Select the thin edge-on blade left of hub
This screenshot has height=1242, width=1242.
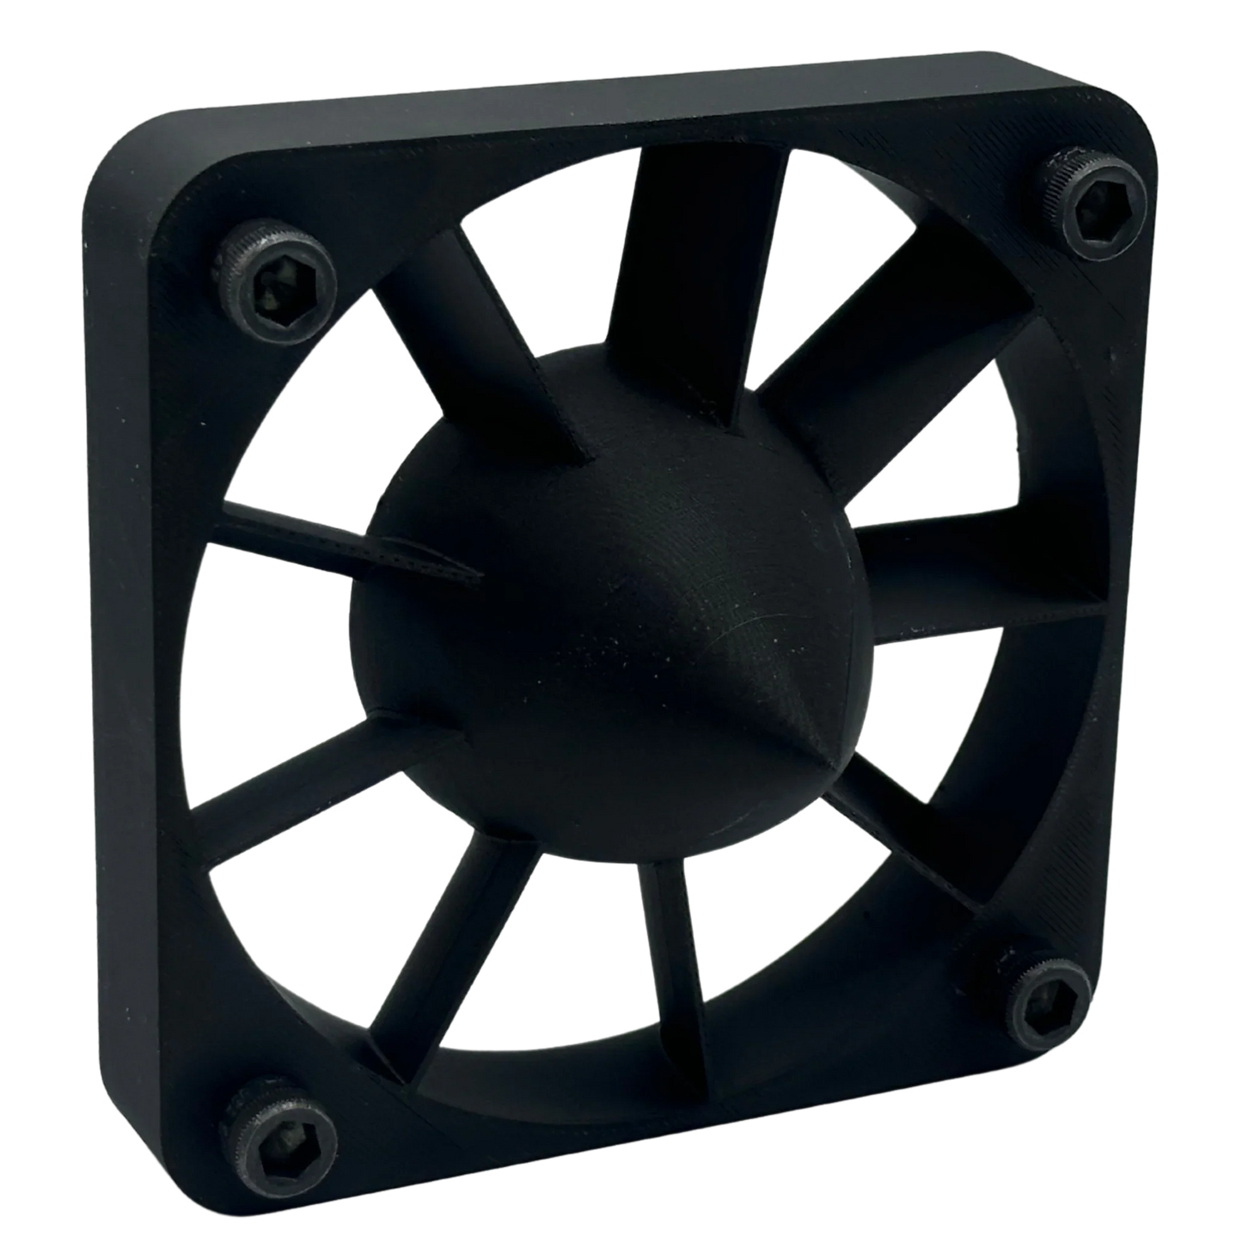344,541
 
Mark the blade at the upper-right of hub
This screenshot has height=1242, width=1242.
868,378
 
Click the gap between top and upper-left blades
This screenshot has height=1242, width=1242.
550,258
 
